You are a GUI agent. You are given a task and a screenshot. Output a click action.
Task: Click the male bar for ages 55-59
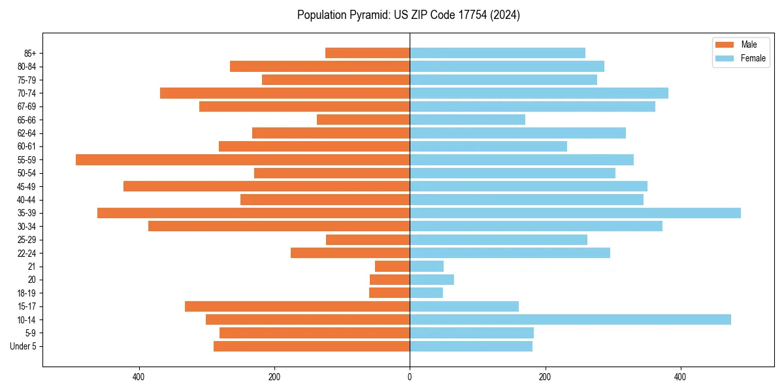[x=242, y=159]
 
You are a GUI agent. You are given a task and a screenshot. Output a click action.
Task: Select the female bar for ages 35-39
[x=575, y=213]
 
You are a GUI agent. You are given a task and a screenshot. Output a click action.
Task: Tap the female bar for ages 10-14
[x=570, y=319]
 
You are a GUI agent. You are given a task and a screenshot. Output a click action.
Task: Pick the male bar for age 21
[x=392, y=267]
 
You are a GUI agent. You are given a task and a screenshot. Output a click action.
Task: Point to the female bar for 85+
[x=497, y=53]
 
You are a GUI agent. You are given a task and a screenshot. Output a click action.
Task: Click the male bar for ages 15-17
[x=297, y=306]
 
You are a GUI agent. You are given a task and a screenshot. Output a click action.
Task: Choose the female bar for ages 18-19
[x=426, y=293]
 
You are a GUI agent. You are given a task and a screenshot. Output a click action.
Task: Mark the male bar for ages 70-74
[x=285, y=93]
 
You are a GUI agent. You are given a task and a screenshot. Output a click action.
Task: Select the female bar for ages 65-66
[x=467, y=120]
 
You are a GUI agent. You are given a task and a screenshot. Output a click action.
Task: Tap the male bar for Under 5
[x=312, y=346]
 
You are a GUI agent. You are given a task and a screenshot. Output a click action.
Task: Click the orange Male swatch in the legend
[x=725, y=44]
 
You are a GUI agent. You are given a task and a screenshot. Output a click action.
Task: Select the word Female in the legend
[x=753, y=58]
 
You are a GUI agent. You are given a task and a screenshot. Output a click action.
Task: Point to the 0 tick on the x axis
[x=410, y=377]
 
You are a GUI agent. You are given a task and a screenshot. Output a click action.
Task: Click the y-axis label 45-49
[x=27, y=186]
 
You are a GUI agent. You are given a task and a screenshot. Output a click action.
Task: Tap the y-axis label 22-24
[x=27, y=253]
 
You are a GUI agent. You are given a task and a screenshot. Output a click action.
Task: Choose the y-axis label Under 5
[x=24, y=346]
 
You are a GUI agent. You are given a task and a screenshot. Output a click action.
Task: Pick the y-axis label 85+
[x=29, y=53]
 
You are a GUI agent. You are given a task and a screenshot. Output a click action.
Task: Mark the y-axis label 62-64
[x=27, y=133]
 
